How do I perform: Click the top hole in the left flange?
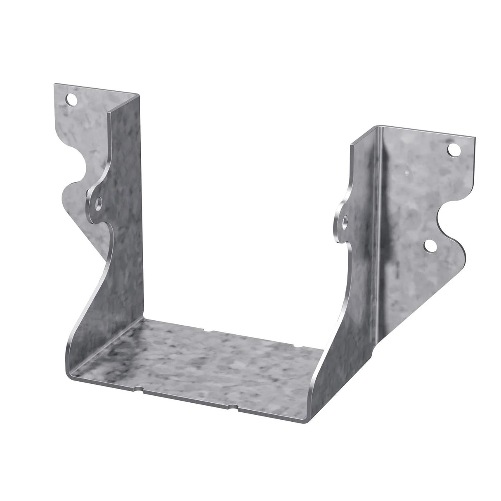(x=73, y=99)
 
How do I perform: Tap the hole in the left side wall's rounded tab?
(x=99, y=202)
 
